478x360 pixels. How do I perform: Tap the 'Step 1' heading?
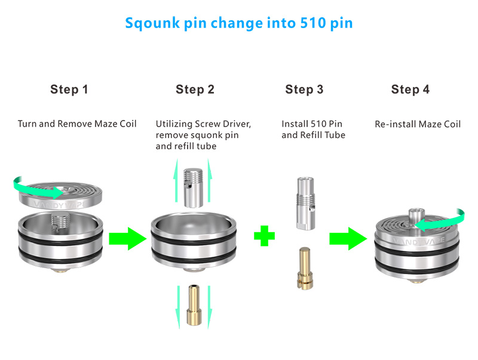(69, 90)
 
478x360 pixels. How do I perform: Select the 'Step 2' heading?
(195, 90)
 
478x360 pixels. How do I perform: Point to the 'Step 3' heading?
(304, 90)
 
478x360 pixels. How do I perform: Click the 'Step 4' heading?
(410, 90)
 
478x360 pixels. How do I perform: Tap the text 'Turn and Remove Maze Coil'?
(77, 124)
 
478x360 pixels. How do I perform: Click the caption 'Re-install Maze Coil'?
(418, 124)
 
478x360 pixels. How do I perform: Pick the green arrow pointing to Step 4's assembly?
(347, 239)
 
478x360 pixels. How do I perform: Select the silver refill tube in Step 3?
(304, 203)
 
